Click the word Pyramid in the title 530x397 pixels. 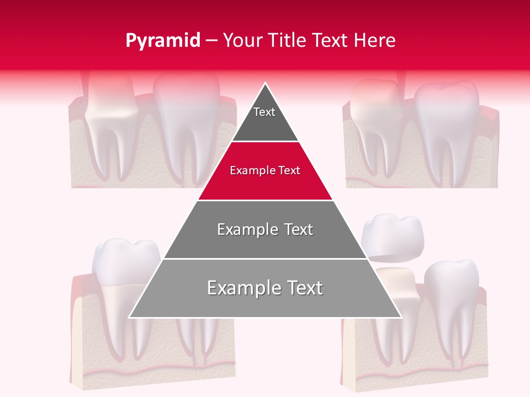point(163,41)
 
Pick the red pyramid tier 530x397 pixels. point(265,171)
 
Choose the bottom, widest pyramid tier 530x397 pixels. point(265,288)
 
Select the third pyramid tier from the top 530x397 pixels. point(265,229)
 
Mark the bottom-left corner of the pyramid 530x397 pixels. point(130,317)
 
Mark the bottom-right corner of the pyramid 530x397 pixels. point(401,317)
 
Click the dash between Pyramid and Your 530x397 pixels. point(211,41)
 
